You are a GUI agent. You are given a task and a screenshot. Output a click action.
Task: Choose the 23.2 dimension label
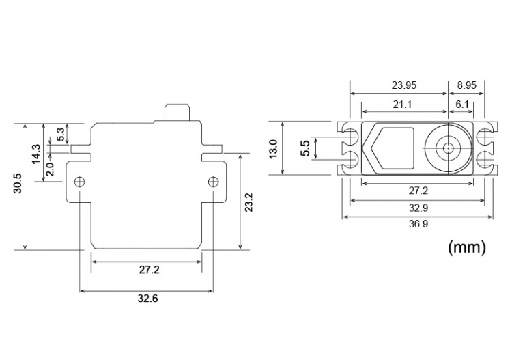tap(249, 202)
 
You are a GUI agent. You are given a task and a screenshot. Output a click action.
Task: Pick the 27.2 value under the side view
tap(149, 270)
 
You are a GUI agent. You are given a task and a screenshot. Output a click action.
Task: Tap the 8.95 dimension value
tap(467, 86)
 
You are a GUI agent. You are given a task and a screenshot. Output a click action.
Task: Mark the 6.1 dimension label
tap(462, 103)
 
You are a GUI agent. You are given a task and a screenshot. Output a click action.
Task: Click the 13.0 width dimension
tap(274, 148)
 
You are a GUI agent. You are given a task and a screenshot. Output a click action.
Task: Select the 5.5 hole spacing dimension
tap(305, 148)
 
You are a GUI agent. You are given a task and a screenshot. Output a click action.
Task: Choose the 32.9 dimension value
tap(418, 208)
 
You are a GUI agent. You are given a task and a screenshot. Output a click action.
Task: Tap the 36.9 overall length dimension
tap(418, 223)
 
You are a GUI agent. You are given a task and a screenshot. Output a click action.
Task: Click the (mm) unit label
tap(467, 247)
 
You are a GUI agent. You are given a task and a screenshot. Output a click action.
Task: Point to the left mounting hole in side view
tap(80, 182)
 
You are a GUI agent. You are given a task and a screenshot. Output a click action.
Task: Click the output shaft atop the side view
tap(177, 112)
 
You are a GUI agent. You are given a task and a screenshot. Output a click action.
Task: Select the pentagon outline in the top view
tap(391, 148)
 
